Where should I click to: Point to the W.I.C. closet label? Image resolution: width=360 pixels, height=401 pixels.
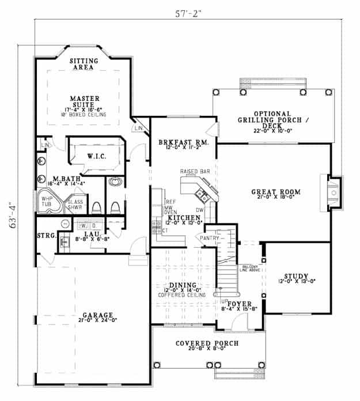click(96, 156)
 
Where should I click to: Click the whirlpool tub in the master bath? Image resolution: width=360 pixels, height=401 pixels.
click(47, 203)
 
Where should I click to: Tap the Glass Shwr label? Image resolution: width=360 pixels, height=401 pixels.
click(75, 206)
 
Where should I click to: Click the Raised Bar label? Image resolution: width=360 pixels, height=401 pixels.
click(194, 172)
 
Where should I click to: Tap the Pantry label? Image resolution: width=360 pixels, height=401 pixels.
click(209, 237)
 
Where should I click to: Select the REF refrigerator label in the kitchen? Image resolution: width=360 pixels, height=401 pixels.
click(170, 202)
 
